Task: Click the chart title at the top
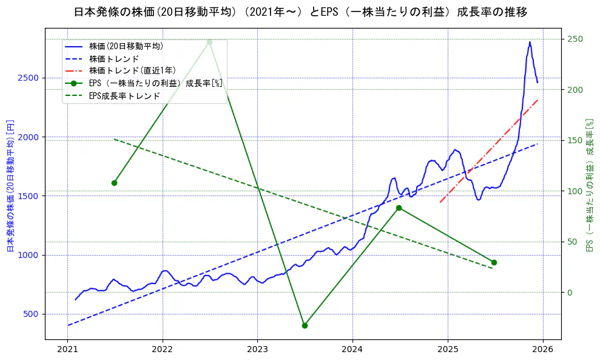300,12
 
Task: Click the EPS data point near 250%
209,42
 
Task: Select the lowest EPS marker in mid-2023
305,325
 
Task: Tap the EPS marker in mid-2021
114,183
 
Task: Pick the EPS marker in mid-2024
399,208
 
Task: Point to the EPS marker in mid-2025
494,262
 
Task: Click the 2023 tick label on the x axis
257,350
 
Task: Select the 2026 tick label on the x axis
542,350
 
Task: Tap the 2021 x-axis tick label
67,350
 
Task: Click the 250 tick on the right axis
575,39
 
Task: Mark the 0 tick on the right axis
570,293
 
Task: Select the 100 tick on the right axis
575,191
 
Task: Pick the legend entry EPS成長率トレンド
124,96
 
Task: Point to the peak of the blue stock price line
530,42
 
